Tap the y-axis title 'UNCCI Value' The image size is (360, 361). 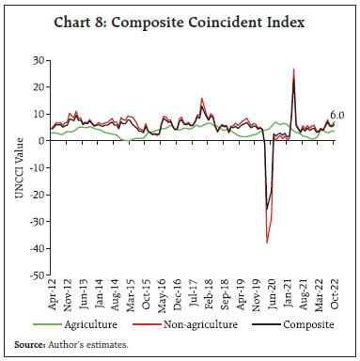pos(13,168)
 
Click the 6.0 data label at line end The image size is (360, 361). pos(337,115)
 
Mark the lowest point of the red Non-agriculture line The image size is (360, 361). pos(267,243)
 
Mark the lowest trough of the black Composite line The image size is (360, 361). pos(267,209)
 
